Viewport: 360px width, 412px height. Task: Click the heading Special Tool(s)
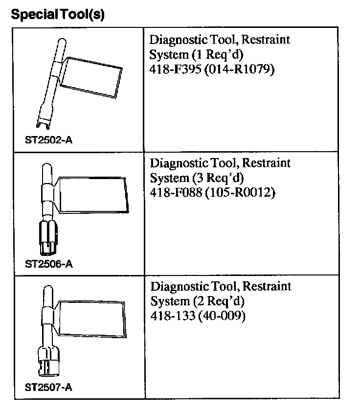pyautogui.click(x=58, y=15)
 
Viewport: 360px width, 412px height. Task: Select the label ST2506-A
pyautogui.click(x=49, y=264)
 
